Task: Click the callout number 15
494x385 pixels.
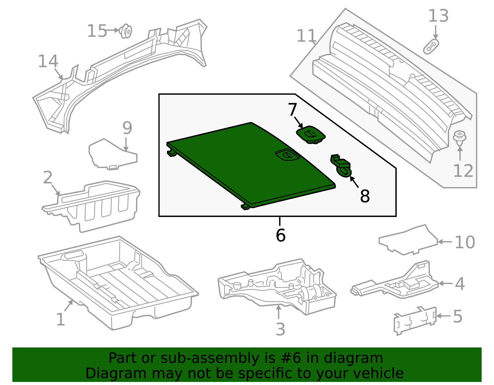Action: [x=97, y=31]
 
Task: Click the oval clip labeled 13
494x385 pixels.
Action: [x=431, y=47]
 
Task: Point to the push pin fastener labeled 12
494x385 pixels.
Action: [x=459, y=138]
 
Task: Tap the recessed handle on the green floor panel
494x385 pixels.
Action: [x=287, y=155]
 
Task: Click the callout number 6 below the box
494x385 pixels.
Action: [x=280, y=235]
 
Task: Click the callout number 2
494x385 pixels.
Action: [x=48, y=178]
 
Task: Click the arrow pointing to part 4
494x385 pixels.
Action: [x=445, y=283]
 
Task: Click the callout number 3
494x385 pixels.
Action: [x=280, y=329]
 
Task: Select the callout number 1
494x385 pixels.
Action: [x=61, y=319]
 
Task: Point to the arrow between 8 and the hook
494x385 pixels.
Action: [x=354, y=182]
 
